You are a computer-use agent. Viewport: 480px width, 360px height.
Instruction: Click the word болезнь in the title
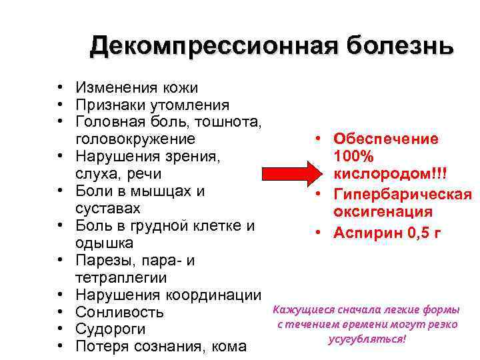tap(399, 46)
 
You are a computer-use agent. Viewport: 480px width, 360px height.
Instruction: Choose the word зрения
tap(197, 157)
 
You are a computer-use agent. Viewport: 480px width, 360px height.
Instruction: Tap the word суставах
tap(107, 209)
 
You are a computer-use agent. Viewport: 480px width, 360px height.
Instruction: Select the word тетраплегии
tap(121, 278)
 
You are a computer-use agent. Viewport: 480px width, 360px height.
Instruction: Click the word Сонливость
tap(120, 313)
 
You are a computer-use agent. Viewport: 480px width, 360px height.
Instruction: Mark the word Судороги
tap(111, 330)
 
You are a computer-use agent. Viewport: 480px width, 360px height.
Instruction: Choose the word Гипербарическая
tap(403, 195)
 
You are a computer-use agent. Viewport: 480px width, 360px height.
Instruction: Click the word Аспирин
tap(364, 233)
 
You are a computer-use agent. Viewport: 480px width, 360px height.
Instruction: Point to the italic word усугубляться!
tap(367, 339)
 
